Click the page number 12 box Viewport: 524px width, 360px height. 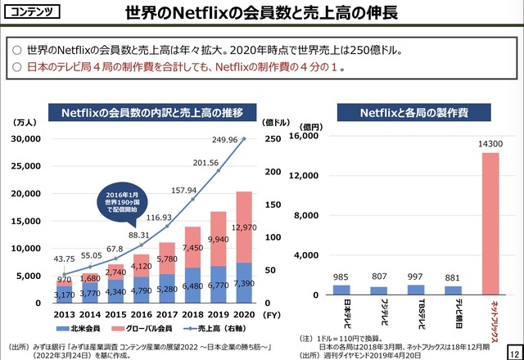coord(513,349)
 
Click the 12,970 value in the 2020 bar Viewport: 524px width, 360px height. coord(244,227)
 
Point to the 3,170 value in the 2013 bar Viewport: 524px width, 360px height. coord(65,294)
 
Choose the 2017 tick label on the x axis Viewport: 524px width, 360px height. coord(166,314)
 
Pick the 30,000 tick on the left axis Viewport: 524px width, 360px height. coord(34,139)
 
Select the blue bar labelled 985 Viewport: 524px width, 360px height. coord(341,290)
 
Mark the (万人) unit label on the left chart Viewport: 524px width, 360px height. coord(23,122)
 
